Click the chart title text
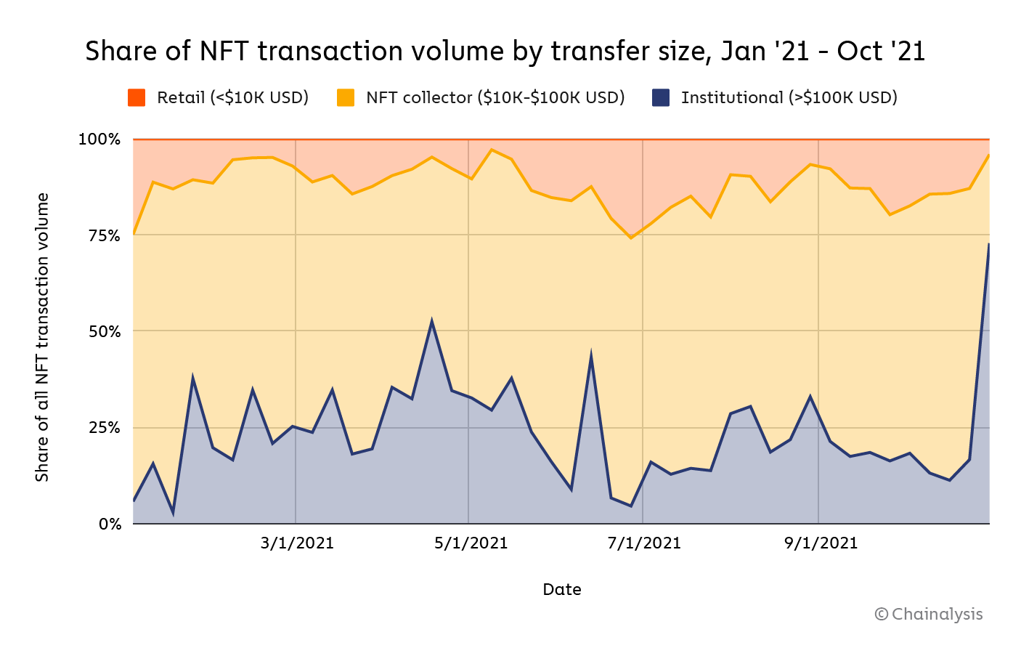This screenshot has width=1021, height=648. click(x=505, y=51)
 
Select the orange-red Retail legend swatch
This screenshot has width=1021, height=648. click(x=137, y=97)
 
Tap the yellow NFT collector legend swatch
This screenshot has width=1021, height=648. click(x=346, y=97)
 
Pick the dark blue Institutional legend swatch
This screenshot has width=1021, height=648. click(x=661, y=97)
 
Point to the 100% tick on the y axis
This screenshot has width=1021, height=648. click(x=99, y=139)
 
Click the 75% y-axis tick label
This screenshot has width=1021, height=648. click(x=105, y=236)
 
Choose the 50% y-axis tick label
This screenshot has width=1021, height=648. click(x=105, y=331)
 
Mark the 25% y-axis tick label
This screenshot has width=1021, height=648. click(x=105, y=428)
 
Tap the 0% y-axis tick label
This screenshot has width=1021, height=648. click(x=110, y=524)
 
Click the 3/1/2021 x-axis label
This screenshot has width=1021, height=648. click(x=297, y=543)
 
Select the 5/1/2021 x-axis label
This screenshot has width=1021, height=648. click(x=471, y=543)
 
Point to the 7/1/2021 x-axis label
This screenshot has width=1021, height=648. click(x=644, y=543)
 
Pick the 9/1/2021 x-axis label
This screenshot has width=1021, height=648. click(x=821, y=543)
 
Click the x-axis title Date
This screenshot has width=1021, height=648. click(x=562, y=590)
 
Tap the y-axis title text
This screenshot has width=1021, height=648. click(x=42, y=337)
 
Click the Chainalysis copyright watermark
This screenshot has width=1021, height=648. click(x=929, y=615)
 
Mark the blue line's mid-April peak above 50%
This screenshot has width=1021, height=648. click(x=431, y=320)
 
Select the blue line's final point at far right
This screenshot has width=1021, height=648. click(x=988, y=244)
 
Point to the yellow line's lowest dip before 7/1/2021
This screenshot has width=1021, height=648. click(x=631, y=238)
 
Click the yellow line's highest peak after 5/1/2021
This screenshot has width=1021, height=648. click(x=492, y=150)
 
